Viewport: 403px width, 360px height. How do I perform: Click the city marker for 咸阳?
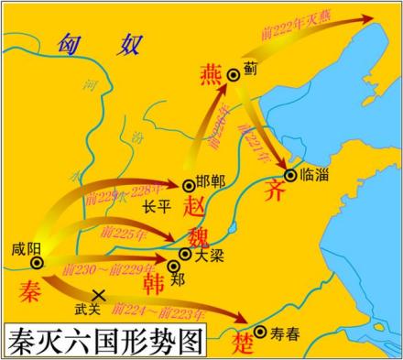(x=36, y=264)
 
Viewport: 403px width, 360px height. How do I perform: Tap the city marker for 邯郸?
(x=190, y=184)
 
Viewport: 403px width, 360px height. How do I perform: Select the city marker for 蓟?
(x=234, y=74)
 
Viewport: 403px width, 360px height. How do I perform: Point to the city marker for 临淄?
(x=291, y=174)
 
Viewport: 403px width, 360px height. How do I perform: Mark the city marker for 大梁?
(x=186, y=254)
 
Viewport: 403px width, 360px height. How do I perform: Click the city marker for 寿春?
(x=260, y=333)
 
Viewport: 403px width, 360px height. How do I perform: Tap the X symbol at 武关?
(x=100, y=294)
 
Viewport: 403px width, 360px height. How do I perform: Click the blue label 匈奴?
(x=98, y=43)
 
